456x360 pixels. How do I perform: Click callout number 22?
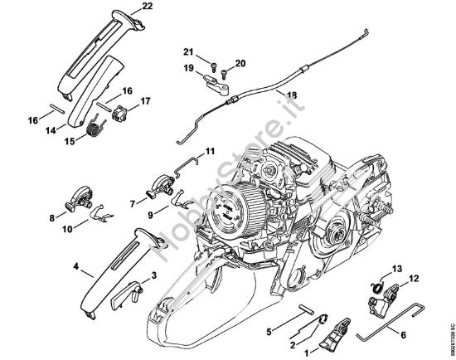(147, 7)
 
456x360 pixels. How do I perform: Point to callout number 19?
(189, 67)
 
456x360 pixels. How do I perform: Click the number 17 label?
(146, 102)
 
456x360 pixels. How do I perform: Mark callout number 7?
(133, 202)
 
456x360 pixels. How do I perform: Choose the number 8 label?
(53, 218)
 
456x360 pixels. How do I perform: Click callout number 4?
(76, 267)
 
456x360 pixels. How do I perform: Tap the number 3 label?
(154, 277)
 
